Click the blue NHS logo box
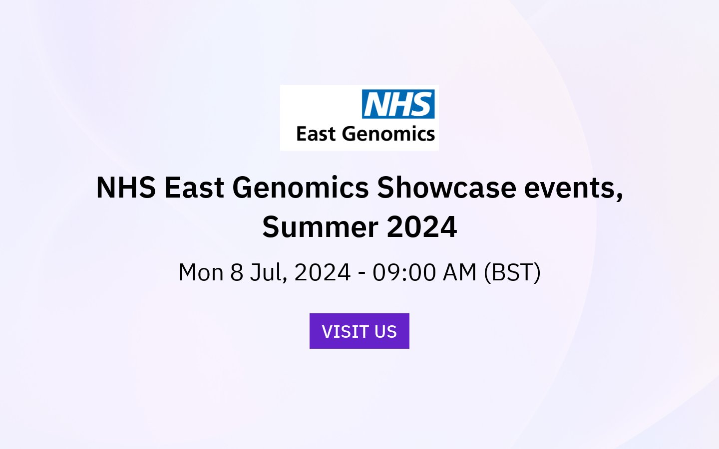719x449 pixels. pyautogui.click(x=398, y=104)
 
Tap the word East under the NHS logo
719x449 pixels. pyautogui.click(x=316, y=134)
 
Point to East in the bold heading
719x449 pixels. pyautogui.click(x=194, y=188)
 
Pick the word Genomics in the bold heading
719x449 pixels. pyautogui.click(x=301, y=188)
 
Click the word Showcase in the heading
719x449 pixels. pyautogui.click(x=446, y=188)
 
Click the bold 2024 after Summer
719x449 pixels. pyautogui.click(x=422, y=227)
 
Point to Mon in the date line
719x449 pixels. pyautogui.click(x=201, y=273)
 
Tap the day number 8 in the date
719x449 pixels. pyautogui.click(x=237, y=273)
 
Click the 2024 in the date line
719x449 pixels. pyautogui.click(x=323, y=273)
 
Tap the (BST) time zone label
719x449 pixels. pyautogui.click(x=512, y=273)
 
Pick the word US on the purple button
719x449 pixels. pyautogui.click(x=385, y=332)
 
